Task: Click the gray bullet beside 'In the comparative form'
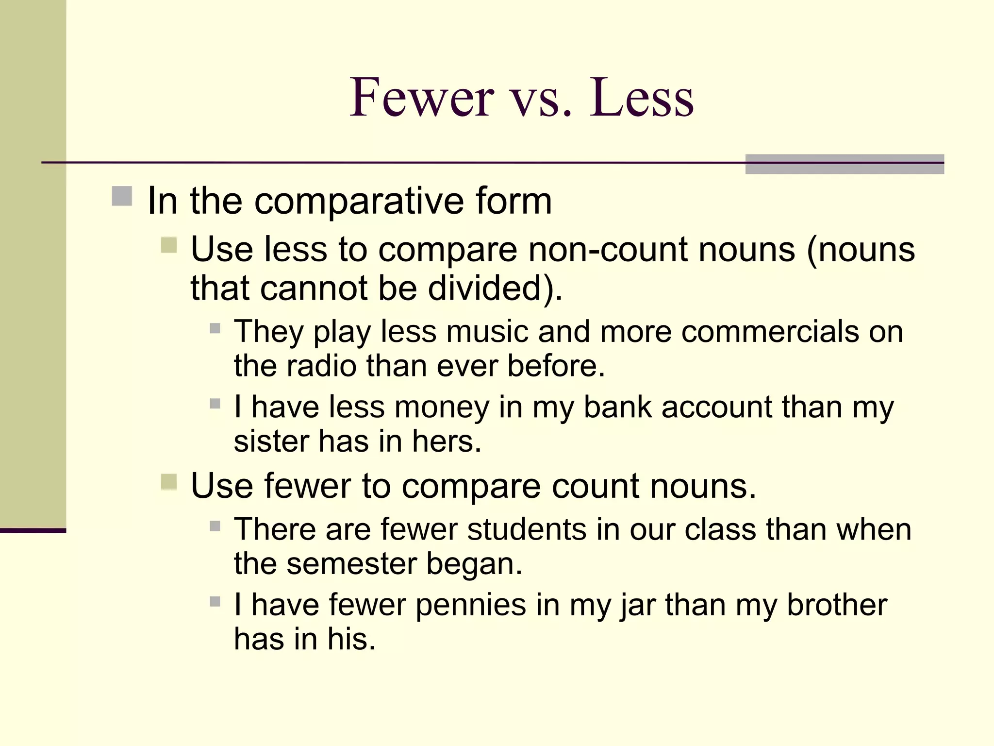[122, 196]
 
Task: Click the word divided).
[495, 288]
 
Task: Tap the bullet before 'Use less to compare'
[169, 245]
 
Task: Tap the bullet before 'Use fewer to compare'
[169, 482]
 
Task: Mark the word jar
[638, 606]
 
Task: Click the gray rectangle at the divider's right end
[845, 164]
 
